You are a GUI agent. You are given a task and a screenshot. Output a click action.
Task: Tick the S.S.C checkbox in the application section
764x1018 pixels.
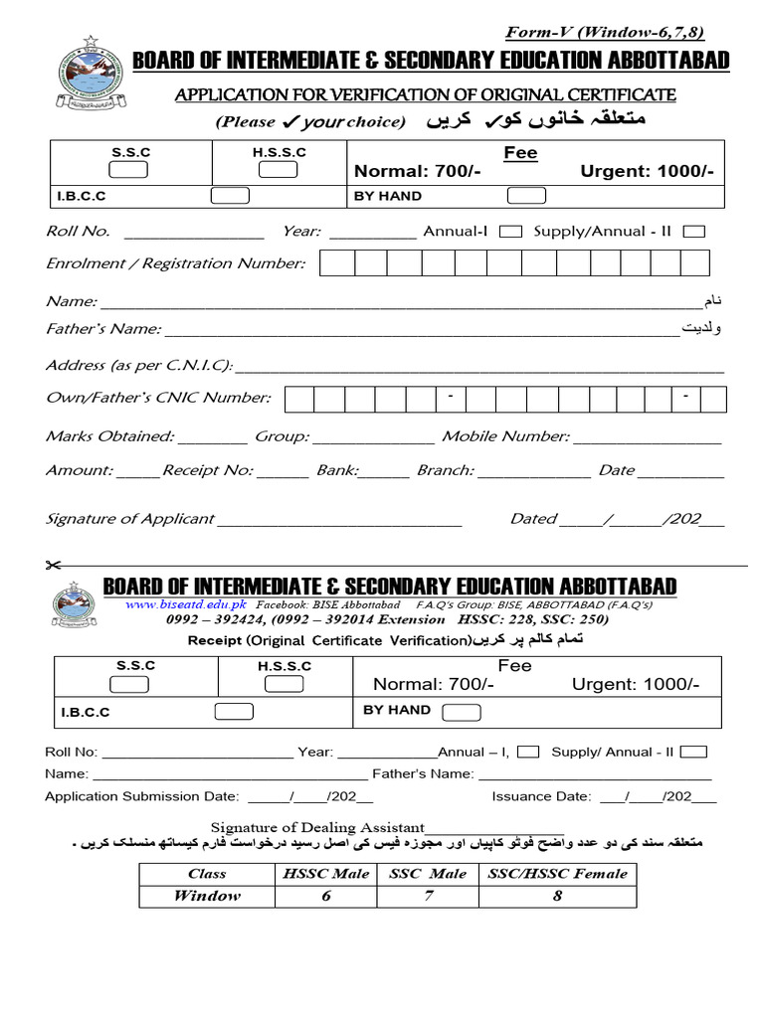[x=129, y=169]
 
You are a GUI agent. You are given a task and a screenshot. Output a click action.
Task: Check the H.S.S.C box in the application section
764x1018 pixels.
[x=278, y=169]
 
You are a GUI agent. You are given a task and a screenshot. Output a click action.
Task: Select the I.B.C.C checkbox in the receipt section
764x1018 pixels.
[x=234, y=712]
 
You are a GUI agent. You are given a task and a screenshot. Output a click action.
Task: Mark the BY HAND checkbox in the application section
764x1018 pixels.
[x=525, y=196]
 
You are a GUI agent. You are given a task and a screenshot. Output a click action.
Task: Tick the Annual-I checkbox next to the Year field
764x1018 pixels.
[x=509, y=232]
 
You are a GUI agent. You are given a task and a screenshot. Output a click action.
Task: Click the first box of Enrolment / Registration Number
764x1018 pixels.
[x=337, y=263]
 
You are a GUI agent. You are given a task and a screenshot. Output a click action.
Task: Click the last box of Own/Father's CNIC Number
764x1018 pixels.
[x=711, y=399]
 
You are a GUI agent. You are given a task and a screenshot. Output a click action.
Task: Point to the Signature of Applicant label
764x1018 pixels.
[x=129, y=519]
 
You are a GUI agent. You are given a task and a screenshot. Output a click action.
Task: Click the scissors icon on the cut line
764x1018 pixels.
[x=53, y=566]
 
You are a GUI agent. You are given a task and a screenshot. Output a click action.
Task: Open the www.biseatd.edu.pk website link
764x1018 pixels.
[x=187, y=604]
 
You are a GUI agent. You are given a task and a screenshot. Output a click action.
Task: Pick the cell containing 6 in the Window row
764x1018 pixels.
[x=325, y=896]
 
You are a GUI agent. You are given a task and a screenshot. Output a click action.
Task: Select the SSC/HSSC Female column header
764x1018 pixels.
[x=557, y=874]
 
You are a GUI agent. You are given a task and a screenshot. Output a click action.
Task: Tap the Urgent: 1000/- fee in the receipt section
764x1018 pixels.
[x=635, y=685]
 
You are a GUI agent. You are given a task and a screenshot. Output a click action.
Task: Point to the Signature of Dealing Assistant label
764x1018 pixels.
[x=317, y=827]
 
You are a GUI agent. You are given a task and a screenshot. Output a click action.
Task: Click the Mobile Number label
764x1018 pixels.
[x=505, y=436]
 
